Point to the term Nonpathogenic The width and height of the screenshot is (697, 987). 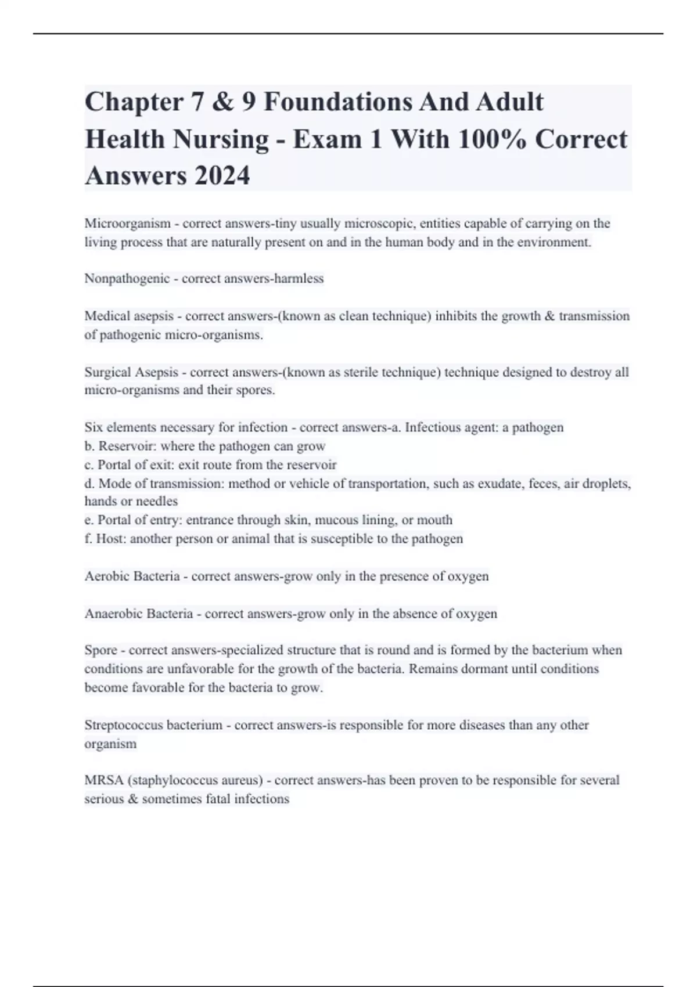127,279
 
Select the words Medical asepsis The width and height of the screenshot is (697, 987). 129,316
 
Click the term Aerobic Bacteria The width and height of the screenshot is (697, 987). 132,577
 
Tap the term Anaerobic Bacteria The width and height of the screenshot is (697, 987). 139,614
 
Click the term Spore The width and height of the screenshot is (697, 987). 100,650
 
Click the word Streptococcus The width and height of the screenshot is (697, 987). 124,725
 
